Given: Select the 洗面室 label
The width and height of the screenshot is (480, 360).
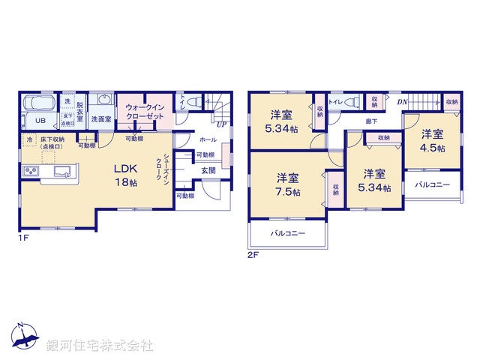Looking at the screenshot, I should coord(101,119).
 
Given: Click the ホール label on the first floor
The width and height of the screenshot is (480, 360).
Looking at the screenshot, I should coord(208,140).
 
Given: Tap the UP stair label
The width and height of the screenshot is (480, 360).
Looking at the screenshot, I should coord(221,124).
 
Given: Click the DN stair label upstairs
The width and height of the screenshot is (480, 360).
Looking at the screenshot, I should coord(402,102).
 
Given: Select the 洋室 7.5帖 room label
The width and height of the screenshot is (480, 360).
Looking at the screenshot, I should coord(288,185).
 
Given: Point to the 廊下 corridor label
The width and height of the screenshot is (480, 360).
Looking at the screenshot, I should coord(371,121).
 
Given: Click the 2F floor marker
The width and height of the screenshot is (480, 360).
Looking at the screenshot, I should coord(253,255).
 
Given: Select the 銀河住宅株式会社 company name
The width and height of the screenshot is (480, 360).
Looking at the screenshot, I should coord(100,346).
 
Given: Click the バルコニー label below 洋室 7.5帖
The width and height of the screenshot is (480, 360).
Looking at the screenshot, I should coord(288,234).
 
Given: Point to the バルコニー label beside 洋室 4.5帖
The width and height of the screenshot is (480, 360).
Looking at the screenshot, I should coord(433,184).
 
